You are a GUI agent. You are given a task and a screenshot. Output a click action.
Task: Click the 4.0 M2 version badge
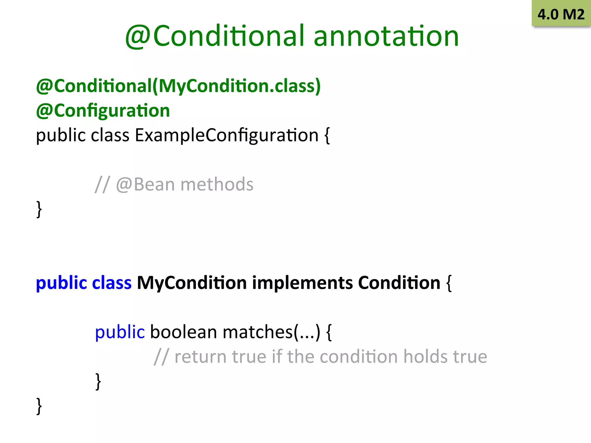[x=561, y=14]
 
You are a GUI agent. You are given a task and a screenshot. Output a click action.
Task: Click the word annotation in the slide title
[x=386, y=36]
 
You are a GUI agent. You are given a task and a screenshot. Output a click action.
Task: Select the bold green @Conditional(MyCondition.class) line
[x=178, y=86]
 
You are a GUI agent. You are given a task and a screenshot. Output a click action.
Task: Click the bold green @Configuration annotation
[x=103, y=111]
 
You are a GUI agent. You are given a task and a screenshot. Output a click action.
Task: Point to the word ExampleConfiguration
[x=227, y=135]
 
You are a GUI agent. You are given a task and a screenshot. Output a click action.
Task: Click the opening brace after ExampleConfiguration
[x=327, y=136]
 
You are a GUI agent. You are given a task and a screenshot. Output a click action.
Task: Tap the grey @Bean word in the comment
[x=145, y=184]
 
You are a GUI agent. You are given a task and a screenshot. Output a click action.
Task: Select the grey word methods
[x=217, y=184]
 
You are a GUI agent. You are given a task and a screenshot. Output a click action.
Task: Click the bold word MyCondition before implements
[x=192, y=283]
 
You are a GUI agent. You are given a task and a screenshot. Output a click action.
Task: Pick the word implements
[x=302, y=283]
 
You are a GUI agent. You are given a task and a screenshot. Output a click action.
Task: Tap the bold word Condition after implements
[x=399, y=283]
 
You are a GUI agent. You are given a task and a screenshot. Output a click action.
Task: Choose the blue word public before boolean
[x=120, y=332]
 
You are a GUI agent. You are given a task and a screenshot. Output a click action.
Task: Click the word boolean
[x=184, y=332]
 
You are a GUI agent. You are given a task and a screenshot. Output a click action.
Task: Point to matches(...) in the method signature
[x=271, y=332]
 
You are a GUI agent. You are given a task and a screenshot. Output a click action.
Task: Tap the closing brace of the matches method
[x=98, y=381]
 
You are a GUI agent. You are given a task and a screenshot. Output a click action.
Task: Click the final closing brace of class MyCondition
[x=39, y=406]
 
